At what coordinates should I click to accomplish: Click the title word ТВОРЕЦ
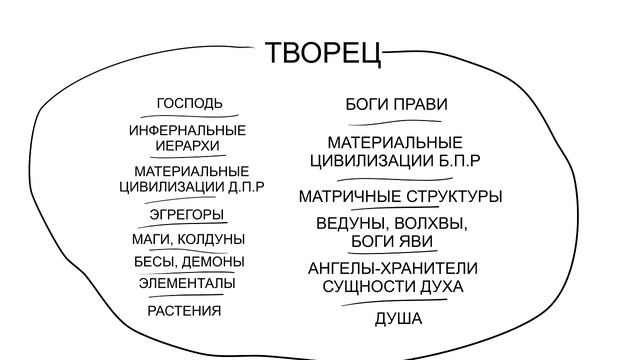324,54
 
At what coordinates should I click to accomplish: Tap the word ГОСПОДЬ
189,103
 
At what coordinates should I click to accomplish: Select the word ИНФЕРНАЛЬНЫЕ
188,130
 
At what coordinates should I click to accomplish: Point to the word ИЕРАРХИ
188,145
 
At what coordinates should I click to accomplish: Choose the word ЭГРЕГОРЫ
187,214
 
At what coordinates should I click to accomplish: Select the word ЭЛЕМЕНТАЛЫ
187,283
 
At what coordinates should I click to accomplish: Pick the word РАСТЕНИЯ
184,311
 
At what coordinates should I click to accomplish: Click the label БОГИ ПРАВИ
396,104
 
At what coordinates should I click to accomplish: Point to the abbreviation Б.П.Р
461,160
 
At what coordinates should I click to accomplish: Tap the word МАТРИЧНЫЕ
345,196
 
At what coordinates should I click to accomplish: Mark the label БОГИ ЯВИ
392,241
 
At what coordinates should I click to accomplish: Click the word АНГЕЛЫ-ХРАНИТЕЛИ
393,268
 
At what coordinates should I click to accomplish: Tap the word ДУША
398,319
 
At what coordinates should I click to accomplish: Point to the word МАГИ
151,239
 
